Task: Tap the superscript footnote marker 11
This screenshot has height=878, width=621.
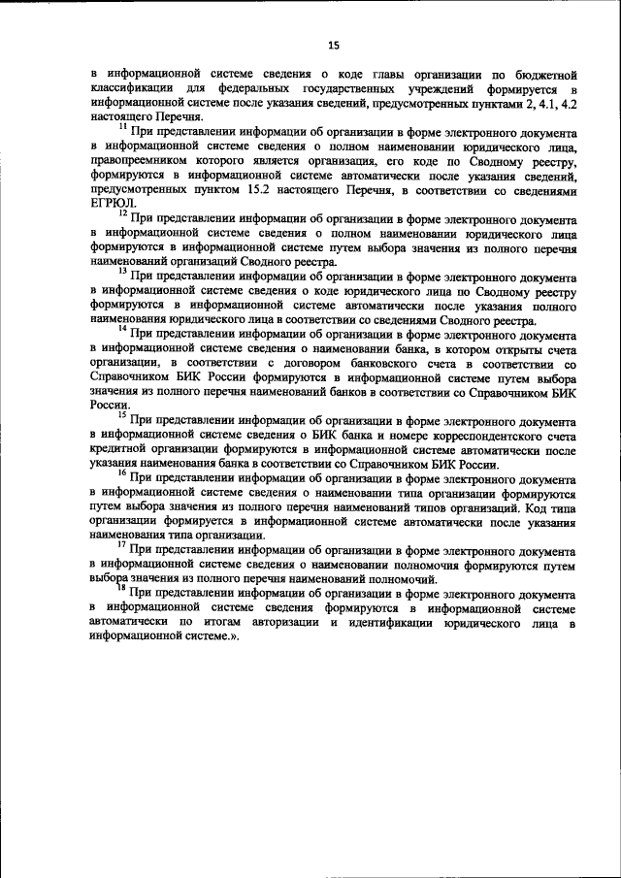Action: click(x=122, y=125)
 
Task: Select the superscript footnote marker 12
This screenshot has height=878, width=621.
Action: click(x=122, y=212)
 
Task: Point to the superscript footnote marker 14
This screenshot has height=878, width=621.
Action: click(x=122, y=329)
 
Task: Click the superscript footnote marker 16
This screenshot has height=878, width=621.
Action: click(x=122, y=474)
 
